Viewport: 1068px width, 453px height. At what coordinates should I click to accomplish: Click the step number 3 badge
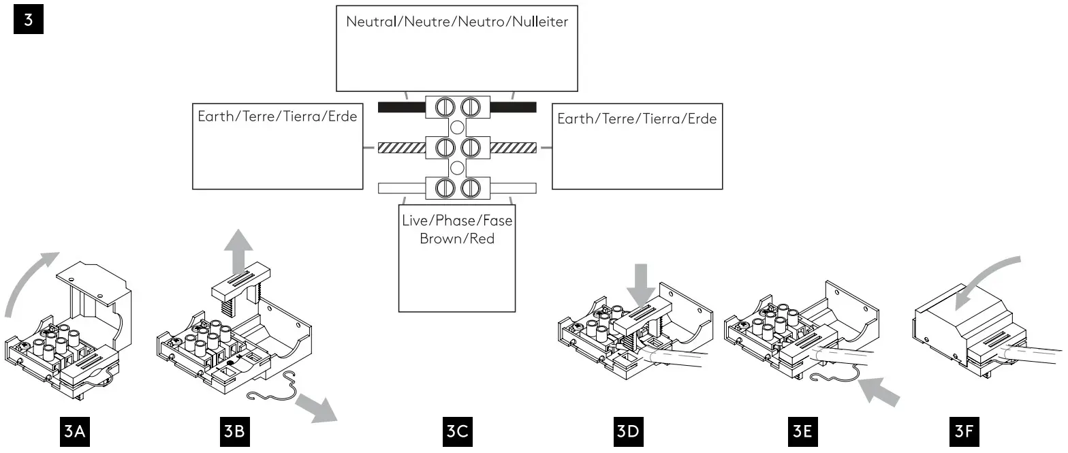(28, 19)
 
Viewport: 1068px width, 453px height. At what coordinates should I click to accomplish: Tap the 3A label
(75, 432)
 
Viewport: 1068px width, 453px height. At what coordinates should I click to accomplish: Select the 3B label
(234, 432)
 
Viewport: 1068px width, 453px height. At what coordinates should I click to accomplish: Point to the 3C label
(457, 432)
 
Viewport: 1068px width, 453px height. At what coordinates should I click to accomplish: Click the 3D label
(628, 432)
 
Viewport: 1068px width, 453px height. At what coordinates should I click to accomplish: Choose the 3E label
(802, 432)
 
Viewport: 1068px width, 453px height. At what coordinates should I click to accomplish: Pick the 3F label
(964, 432)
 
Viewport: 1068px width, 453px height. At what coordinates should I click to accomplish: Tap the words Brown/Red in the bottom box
(457, 238)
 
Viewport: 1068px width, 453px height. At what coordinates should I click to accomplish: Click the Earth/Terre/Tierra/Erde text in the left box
(277, 116)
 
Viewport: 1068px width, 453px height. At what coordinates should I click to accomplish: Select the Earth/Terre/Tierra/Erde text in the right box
(637, 119)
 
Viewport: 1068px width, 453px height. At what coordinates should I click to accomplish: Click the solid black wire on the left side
(401, 108)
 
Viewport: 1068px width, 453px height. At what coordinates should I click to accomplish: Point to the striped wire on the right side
(514, 148)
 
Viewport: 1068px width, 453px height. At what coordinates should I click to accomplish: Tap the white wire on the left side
(401, 188)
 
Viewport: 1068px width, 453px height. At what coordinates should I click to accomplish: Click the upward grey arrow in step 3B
(238, 252)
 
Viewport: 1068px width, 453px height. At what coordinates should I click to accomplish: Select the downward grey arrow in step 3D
(641, 285)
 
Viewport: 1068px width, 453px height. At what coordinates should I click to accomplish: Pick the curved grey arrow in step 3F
(985, 279)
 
